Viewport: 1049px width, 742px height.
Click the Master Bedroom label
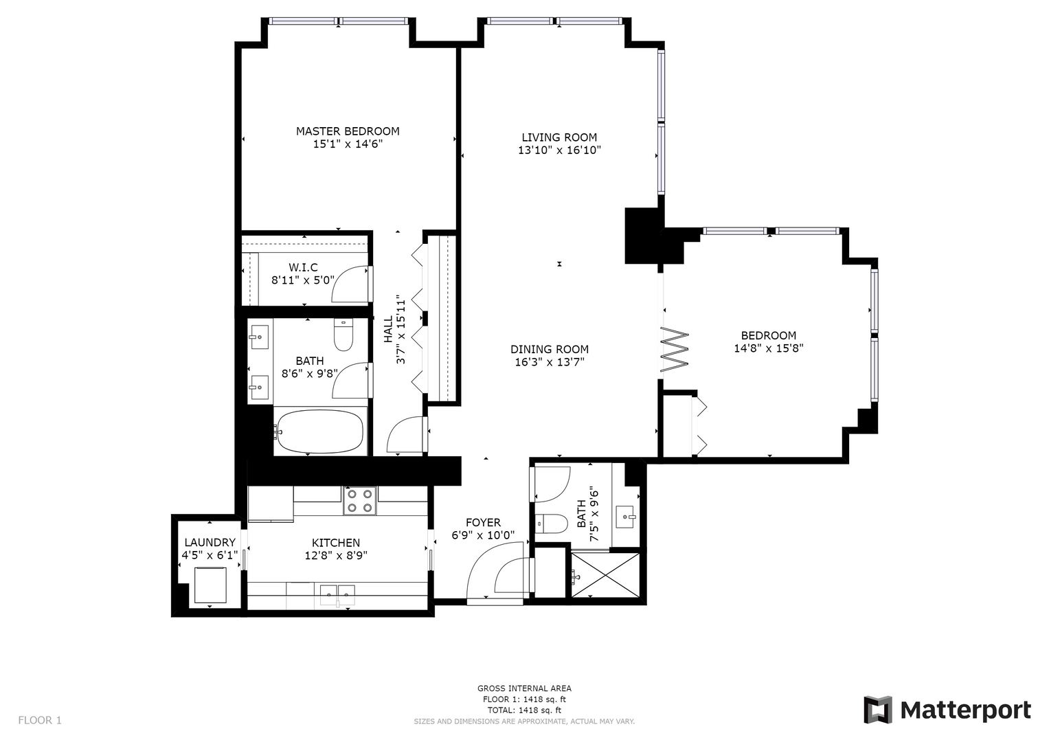click(x=348, y=131)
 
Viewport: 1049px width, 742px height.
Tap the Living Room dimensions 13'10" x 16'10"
click(x=559, y=150)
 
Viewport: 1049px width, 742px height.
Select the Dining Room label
click(x=550, y=349)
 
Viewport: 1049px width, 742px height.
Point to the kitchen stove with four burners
click(x=360, y=501)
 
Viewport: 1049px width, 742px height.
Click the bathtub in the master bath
click(x=320, y=431)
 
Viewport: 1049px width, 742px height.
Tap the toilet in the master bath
click(x=343, y=335)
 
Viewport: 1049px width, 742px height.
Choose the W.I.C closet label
click(x=303, y=267)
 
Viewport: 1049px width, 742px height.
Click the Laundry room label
click(x=210, y=543)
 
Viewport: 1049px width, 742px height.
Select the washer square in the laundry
click(x=210, y=585)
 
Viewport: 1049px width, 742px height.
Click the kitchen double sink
click(x=337, y=594)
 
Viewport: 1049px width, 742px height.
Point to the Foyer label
click(x=484, y=522)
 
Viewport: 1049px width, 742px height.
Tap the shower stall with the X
click(x=605, y=575)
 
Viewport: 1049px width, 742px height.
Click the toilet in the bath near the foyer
click(x=551, y=524)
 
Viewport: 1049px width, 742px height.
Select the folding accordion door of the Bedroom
click(x=674, y=349)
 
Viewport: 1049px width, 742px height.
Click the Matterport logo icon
click(x=877, y=710)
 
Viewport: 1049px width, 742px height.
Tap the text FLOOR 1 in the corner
click(x=40, y=720)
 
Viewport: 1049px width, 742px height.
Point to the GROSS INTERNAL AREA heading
click(x=524, y=688)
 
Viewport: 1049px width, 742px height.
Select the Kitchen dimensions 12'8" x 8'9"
click(x=336, y=556)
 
